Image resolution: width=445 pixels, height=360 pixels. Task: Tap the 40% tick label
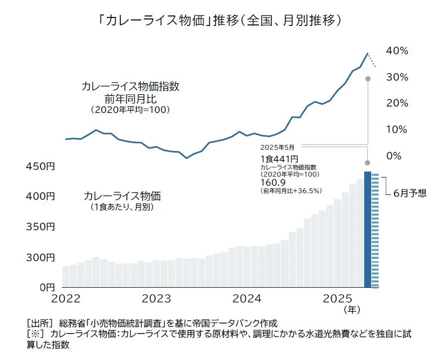click(x=398, y=51)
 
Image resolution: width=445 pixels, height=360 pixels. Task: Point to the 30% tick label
click(x=398, y=77)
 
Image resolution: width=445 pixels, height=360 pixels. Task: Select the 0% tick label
click(x=394, y=156)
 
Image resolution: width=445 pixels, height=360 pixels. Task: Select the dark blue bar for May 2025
click(x=368, y=229)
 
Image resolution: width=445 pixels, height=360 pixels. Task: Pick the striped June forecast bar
click(x=375, y=231)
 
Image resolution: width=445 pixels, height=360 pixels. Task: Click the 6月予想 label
click(x=410, y=193)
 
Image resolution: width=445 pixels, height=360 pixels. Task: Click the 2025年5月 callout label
click(x=277, y=148)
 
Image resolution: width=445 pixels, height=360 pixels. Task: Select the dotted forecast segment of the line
click(x=372, y=60)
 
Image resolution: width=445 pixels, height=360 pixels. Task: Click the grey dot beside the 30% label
click(x=368, y=78)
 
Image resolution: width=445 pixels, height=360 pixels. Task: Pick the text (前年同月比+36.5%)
click(x=291, y=191)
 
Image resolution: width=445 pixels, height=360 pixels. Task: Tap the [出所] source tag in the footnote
click(x=36, y=323)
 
